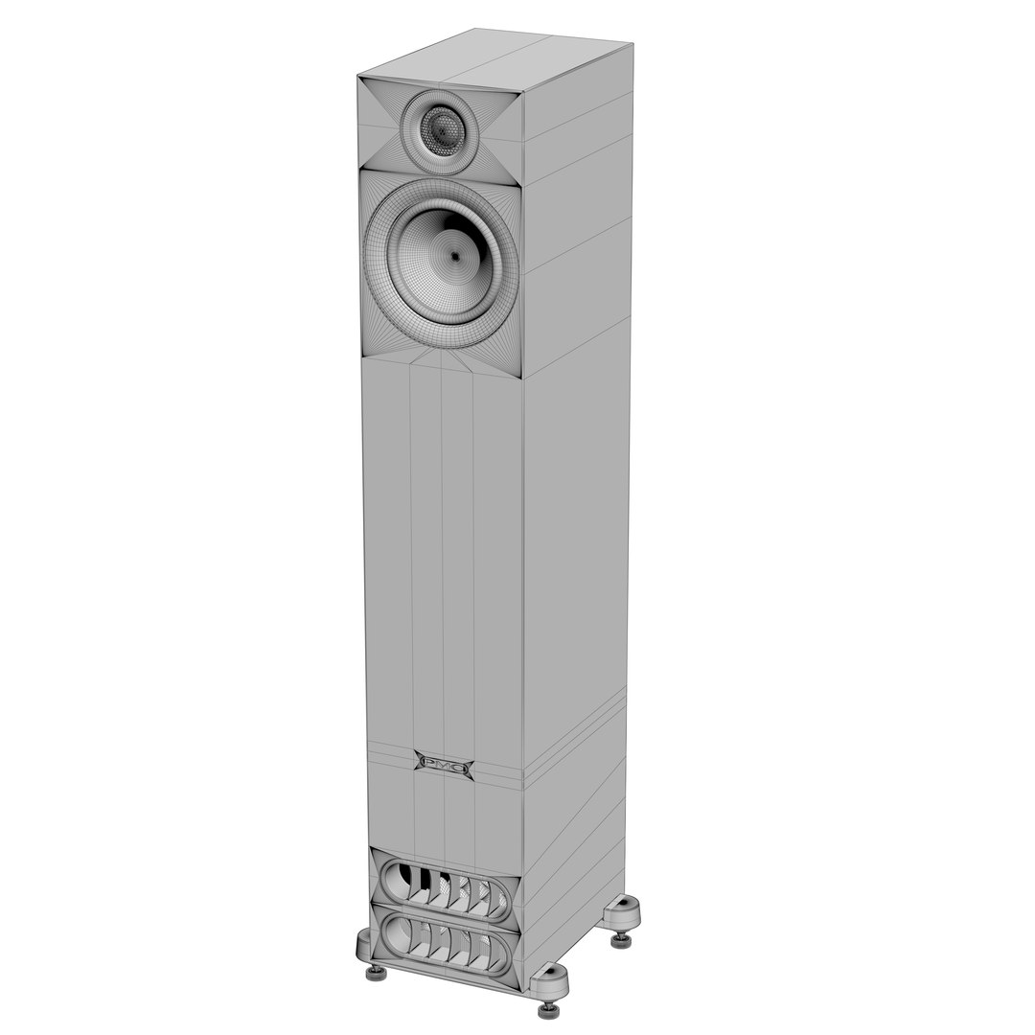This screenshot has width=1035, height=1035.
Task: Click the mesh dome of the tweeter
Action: click(442, 131)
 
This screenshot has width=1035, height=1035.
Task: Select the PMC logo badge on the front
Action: click(443, 765)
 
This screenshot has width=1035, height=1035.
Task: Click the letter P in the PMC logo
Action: click(428, 764)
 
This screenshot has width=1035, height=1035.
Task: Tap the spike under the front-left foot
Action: click(377, 973)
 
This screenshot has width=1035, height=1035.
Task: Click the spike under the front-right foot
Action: click(549, 1008)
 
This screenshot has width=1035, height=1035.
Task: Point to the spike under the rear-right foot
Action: click(621, 939)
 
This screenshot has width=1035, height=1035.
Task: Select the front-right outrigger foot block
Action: click(550, 979)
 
